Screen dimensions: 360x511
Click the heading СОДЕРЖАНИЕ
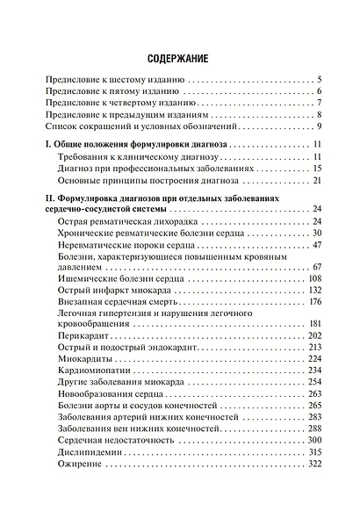[x=179, y=59]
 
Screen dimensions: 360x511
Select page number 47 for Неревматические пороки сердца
[x=317, y=245]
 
